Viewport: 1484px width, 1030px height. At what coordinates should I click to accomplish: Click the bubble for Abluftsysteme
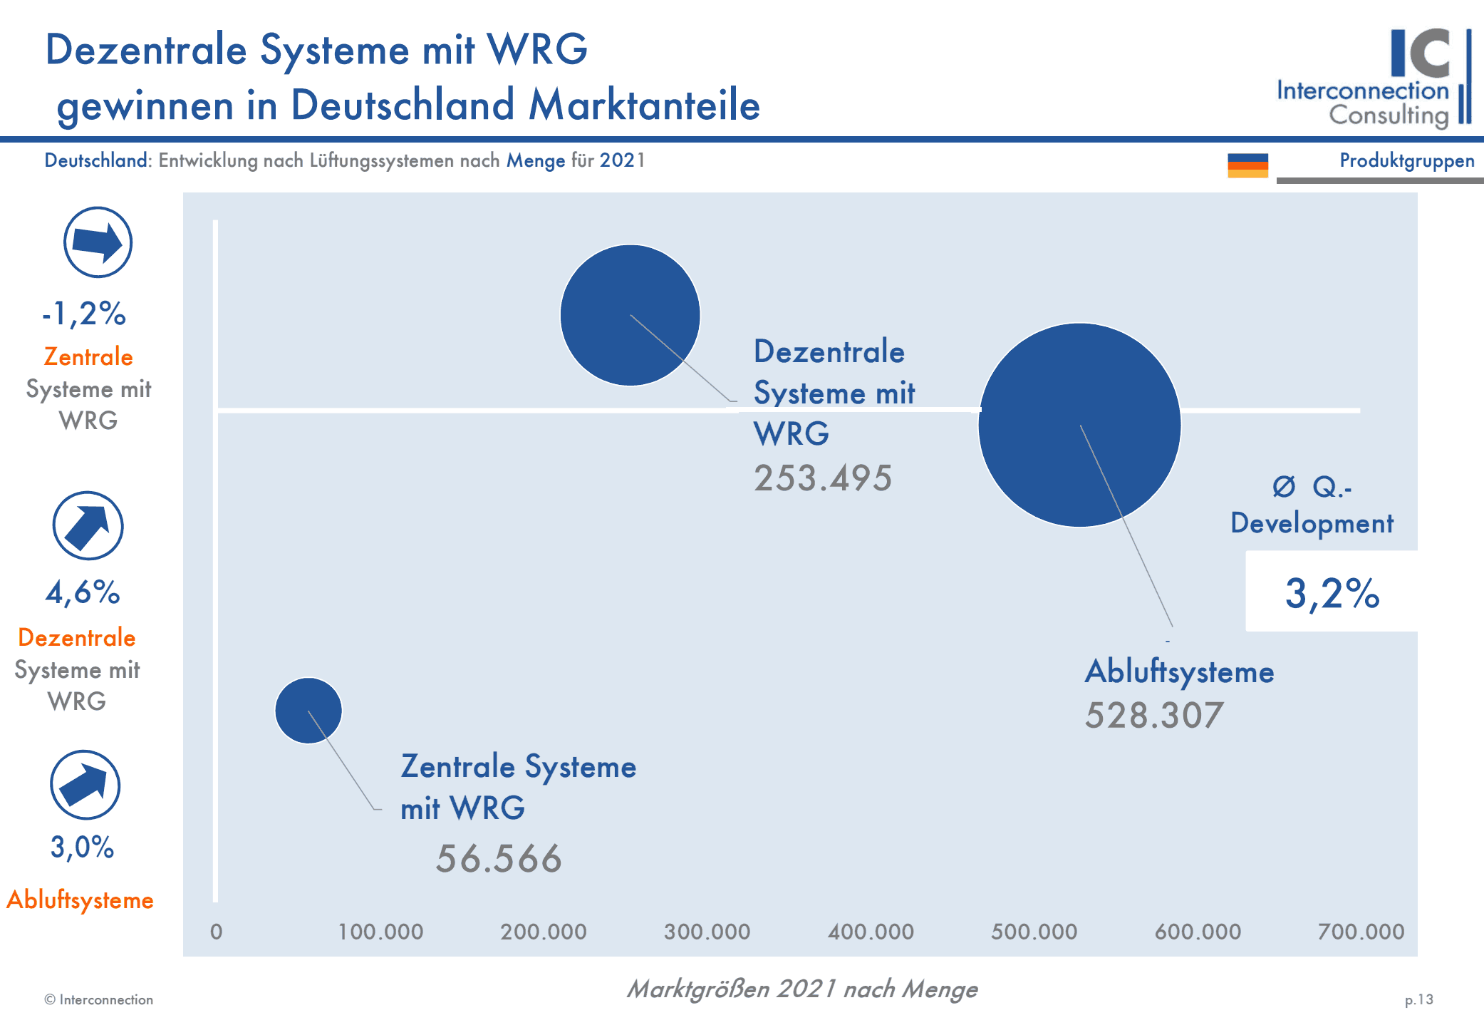tap(1079, 425)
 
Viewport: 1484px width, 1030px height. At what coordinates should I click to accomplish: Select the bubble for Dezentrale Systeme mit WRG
tap(631, 315)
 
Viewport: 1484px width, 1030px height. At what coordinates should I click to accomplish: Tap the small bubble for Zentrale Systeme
tap(308, 711)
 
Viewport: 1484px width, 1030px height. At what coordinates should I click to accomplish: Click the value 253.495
tap(823, 478)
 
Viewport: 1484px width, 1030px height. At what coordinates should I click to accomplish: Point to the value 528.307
tap(1154, 715)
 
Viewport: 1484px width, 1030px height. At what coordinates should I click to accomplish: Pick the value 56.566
tap(499, 858)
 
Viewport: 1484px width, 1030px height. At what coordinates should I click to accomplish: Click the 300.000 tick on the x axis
tap(707, 932)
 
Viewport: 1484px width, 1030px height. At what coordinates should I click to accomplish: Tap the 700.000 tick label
tap(1361, 932)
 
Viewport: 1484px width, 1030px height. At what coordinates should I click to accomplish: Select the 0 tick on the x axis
tap(217, 932)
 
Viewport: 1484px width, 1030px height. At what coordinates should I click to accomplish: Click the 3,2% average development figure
tap(1332, 593)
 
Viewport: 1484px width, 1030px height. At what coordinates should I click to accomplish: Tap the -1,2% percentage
tap(84, 313)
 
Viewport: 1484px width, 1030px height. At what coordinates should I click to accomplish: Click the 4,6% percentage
tap(83, 592)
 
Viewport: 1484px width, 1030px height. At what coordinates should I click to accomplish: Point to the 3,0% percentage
tap(82, 847)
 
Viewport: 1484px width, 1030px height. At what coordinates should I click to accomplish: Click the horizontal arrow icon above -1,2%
tap(98, 242)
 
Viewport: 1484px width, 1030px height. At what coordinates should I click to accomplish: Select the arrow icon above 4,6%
tap(88, 526)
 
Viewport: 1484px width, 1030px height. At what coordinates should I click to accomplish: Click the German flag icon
tap(1247, 165)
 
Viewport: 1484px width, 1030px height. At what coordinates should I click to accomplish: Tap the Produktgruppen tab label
tap(1407, 161)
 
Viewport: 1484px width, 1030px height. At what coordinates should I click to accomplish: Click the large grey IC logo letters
tap(1421, 53)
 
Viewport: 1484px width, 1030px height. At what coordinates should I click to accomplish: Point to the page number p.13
tap(1418, 1000)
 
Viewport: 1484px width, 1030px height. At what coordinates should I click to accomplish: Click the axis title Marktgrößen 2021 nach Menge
tap(802, 989)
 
